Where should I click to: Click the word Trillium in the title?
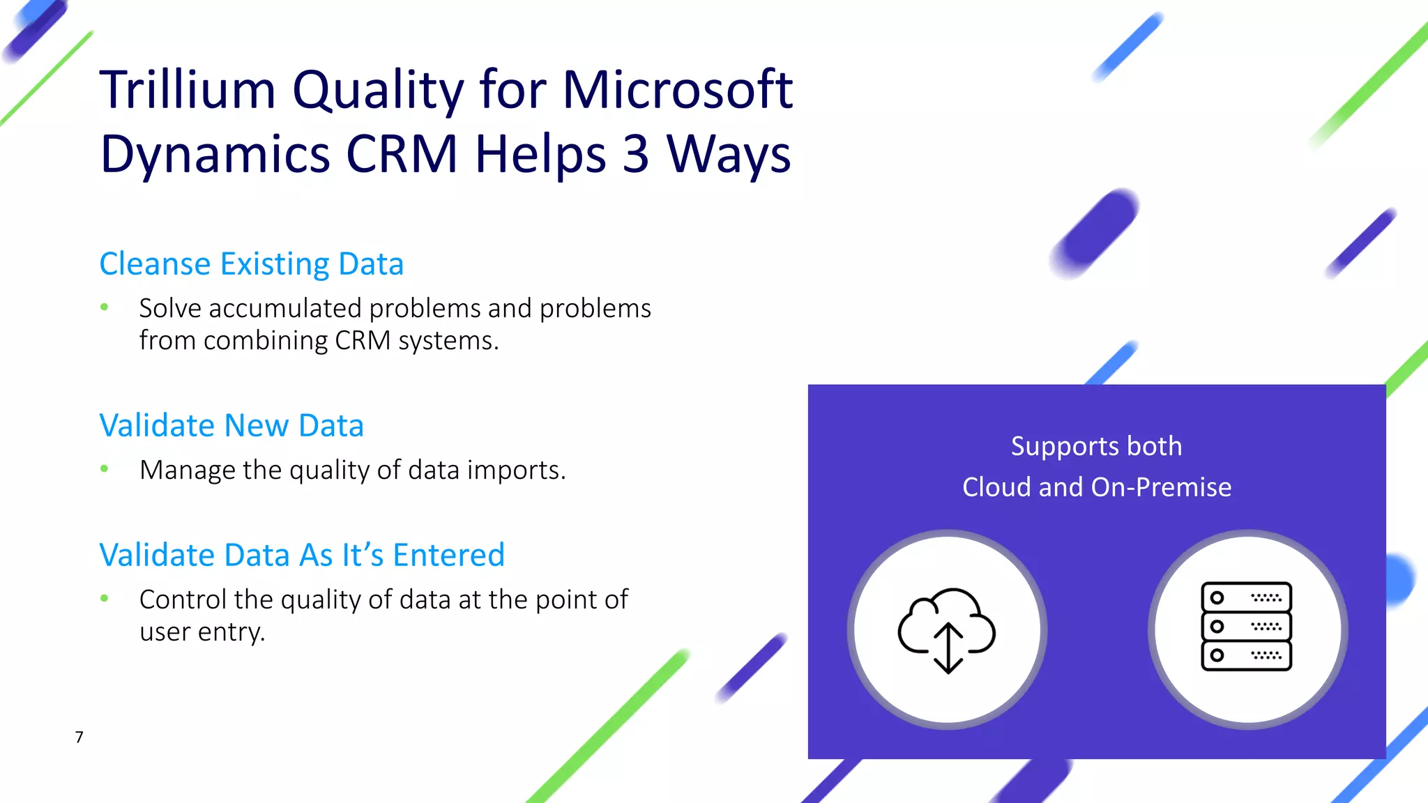pyautogui.click(x=188, y=90)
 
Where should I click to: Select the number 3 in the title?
pyautogui.click(x=635, y=154)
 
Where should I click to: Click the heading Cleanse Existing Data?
pyautogui.click(x=251, y=264)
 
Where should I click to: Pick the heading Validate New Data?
pyautogui.click(x=231, y=426)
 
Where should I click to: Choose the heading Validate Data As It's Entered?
pyautogui.click(x=301, y=556)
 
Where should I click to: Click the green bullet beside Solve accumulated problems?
pyautogui.click(x=105, y=307)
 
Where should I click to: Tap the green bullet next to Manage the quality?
pyautogui.click(x=105, y=469)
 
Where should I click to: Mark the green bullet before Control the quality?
pyautogui.click(x=105, y=598)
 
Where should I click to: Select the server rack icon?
pyautogui.click(x=1246, y=626)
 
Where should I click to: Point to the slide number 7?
pyautogui.click(x=79, y=737)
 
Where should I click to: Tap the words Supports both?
pyautogui.click(x=1096, y=446)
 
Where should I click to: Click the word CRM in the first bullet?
pyautogui.click(x=363, y=341)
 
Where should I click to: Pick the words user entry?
pyautogui.click(x=202, y=632)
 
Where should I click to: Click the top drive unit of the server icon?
pyautogui.click(x=1246, y=597)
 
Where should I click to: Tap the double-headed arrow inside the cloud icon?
pyautogui.click(x=948, y=648)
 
